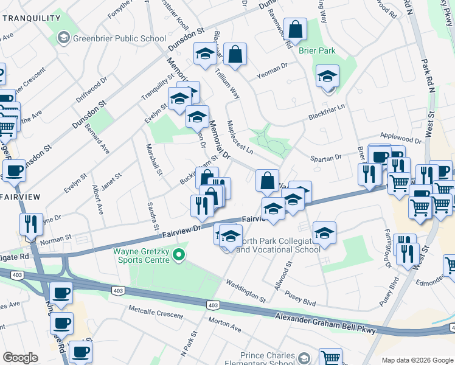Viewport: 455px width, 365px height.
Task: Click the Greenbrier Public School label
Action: coord(119,39)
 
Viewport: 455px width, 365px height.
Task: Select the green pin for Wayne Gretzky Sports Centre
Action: coord(179,255)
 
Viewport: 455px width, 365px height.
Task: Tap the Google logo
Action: coord(20,358)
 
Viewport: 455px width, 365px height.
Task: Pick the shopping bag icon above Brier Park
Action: coord(295,29)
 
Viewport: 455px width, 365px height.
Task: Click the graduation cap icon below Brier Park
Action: coord(327,77)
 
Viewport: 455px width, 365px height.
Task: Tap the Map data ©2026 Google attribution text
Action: coord(417,360)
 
